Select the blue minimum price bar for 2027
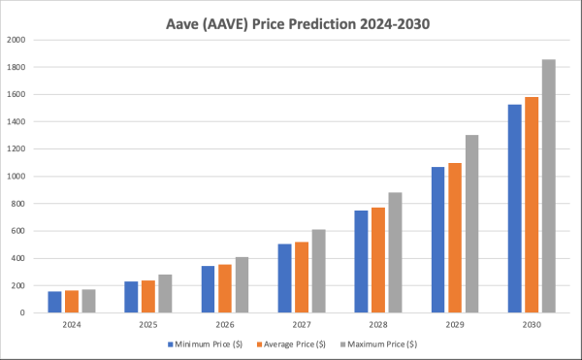point(285,278)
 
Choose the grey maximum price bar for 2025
point(165,293)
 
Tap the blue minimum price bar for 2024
point(55,302)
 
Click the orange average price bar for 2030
point(532,205)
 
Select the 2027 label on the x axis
point(302,324)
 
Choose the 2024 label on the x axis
point(72,324)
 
